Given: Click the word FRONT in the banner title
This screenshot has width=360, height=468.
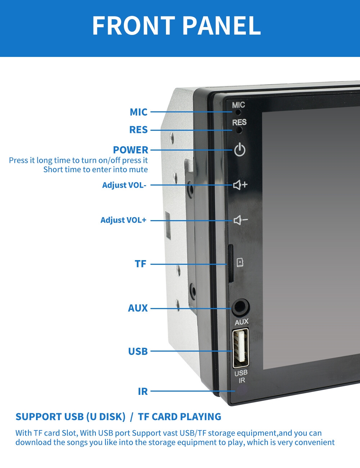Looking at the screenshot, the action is pyautogui.click(x=134, y=26).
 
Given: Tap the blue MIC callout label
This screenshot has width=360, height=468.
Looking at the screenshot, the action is pyautogui.click(x=139, y=112).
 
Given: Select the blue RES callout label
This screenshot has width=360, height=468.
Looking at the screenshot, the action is pyautogui.click(x=138, y=130).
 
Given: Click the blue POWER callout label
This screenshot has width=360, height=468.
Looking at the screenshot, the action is pyautogui.click(x=131, y=150).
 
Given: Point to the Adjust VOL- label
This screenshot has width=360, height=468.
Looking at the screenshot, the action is pyautogui.click(x=124, y=185).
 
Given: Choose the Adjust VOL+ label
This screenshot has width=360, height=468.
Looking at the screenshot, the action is pyautogui.click(x=123, y=220).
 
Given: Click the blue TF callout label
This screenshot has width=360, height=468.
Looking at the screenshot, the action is pyautogui.click(x=140, y=264).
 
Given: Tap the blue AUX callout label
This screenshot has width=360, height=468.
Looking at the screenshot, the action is pyautogui.click(x=138, y=308).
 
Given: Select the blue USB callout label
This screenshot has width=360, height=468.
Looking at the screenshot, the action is pyautogui.click(x=138, y=352).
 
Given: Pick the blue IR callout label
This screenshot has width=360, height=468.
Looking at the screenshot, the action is pyautogui.click(x=143, y=392).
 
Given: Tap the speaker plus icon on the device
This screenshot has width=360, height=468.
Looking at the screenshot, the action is pyautogui.click(x=240, y=185).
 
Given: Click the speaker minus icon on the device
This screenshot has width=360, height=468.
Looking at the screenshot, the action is pyautogui.click(x=241, y=220).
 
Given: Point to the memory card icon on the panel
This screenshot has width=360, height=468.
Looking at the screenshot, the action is pyautogui.click(x=240, y=263).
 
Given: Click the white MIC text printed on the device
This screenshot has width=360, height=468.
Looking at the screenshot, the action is pyautogui.click(x=238, y=105).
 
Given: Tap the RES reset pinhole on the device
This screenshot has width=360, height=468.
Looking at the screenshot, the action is pyautogui.click(x=239, y=130).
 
